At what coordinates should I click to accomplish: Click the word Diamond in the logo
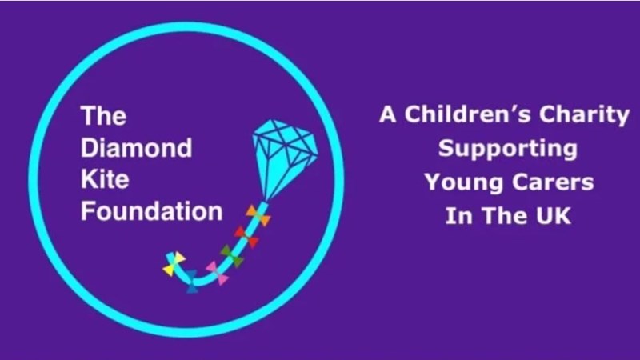point(136,147)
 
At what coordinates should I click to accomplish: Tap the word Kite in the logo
point(105,179)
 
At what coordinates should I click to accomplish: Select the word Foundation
point(151,211)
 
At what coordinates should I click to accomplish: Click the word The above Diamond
point(104,116)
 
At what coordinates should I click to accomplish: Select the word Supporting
point(508,150)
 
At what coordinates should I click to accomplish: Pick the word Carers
point(553,182)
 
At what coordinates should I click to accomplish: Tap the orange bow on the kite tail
point(258,215)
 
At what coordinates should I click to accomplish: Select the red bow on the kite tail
point(246,237)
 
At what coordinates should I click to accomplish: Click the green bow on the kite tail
point(232,256)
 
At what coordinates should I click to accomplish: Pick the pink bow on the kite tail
point(217,273)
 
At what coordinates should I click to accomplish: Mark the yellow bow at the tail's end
point(174,264)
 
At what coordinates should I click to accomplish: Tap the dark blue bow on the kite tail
point(191,282)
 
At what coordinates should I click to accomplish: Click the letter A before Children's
point(388,114)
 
